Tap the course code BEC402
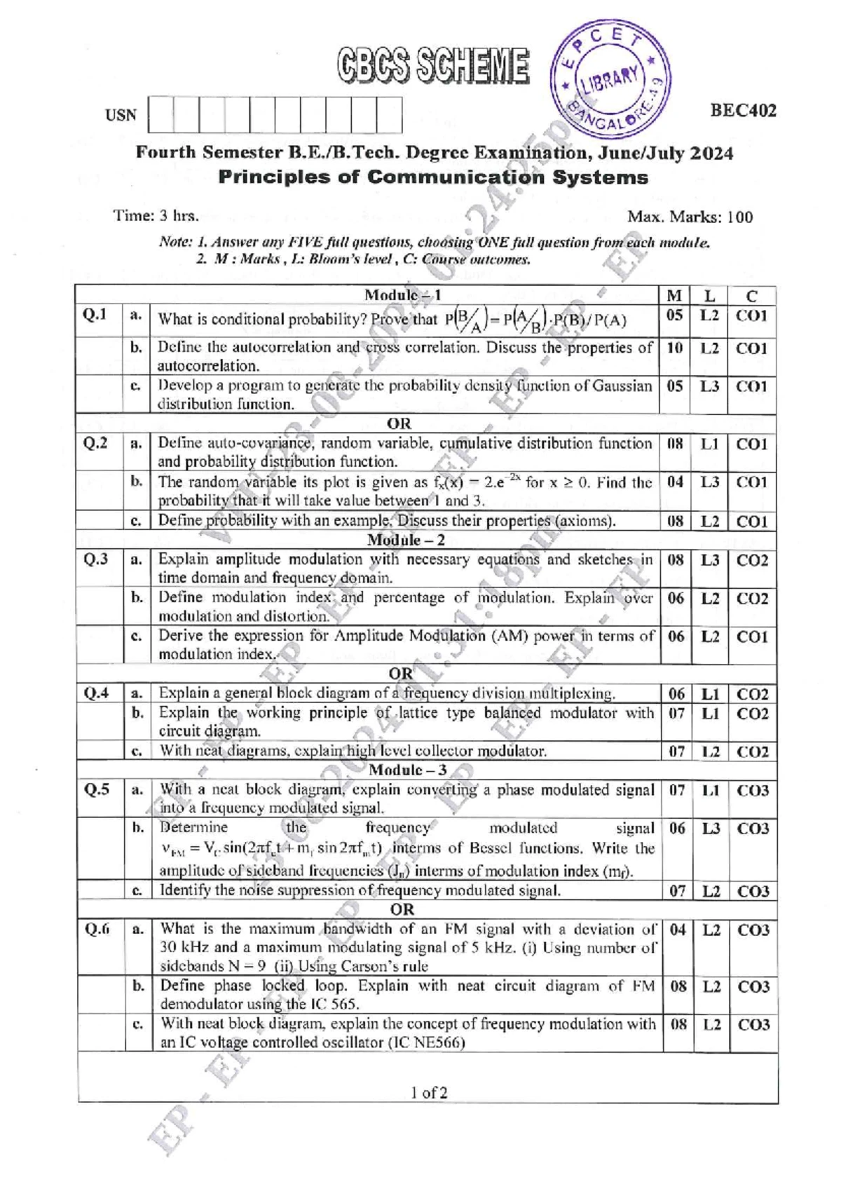pos(743,111)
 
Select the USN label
pos(121,116)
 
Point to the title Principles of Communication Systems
pos(433,177)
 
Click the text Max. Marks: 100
pos(690,217)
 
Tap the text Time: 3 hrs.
pos(156,216)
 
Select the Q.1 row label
pos(95,314)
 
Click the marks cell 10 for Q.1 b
pos(674,348)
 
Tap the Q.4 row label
pos(96,693)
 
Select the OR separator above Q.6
pos(402,910)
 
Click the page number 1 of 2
pos(429,1092)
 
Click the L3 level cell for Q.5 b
pos(711,829)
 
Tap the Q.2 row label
pos(95,442)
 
